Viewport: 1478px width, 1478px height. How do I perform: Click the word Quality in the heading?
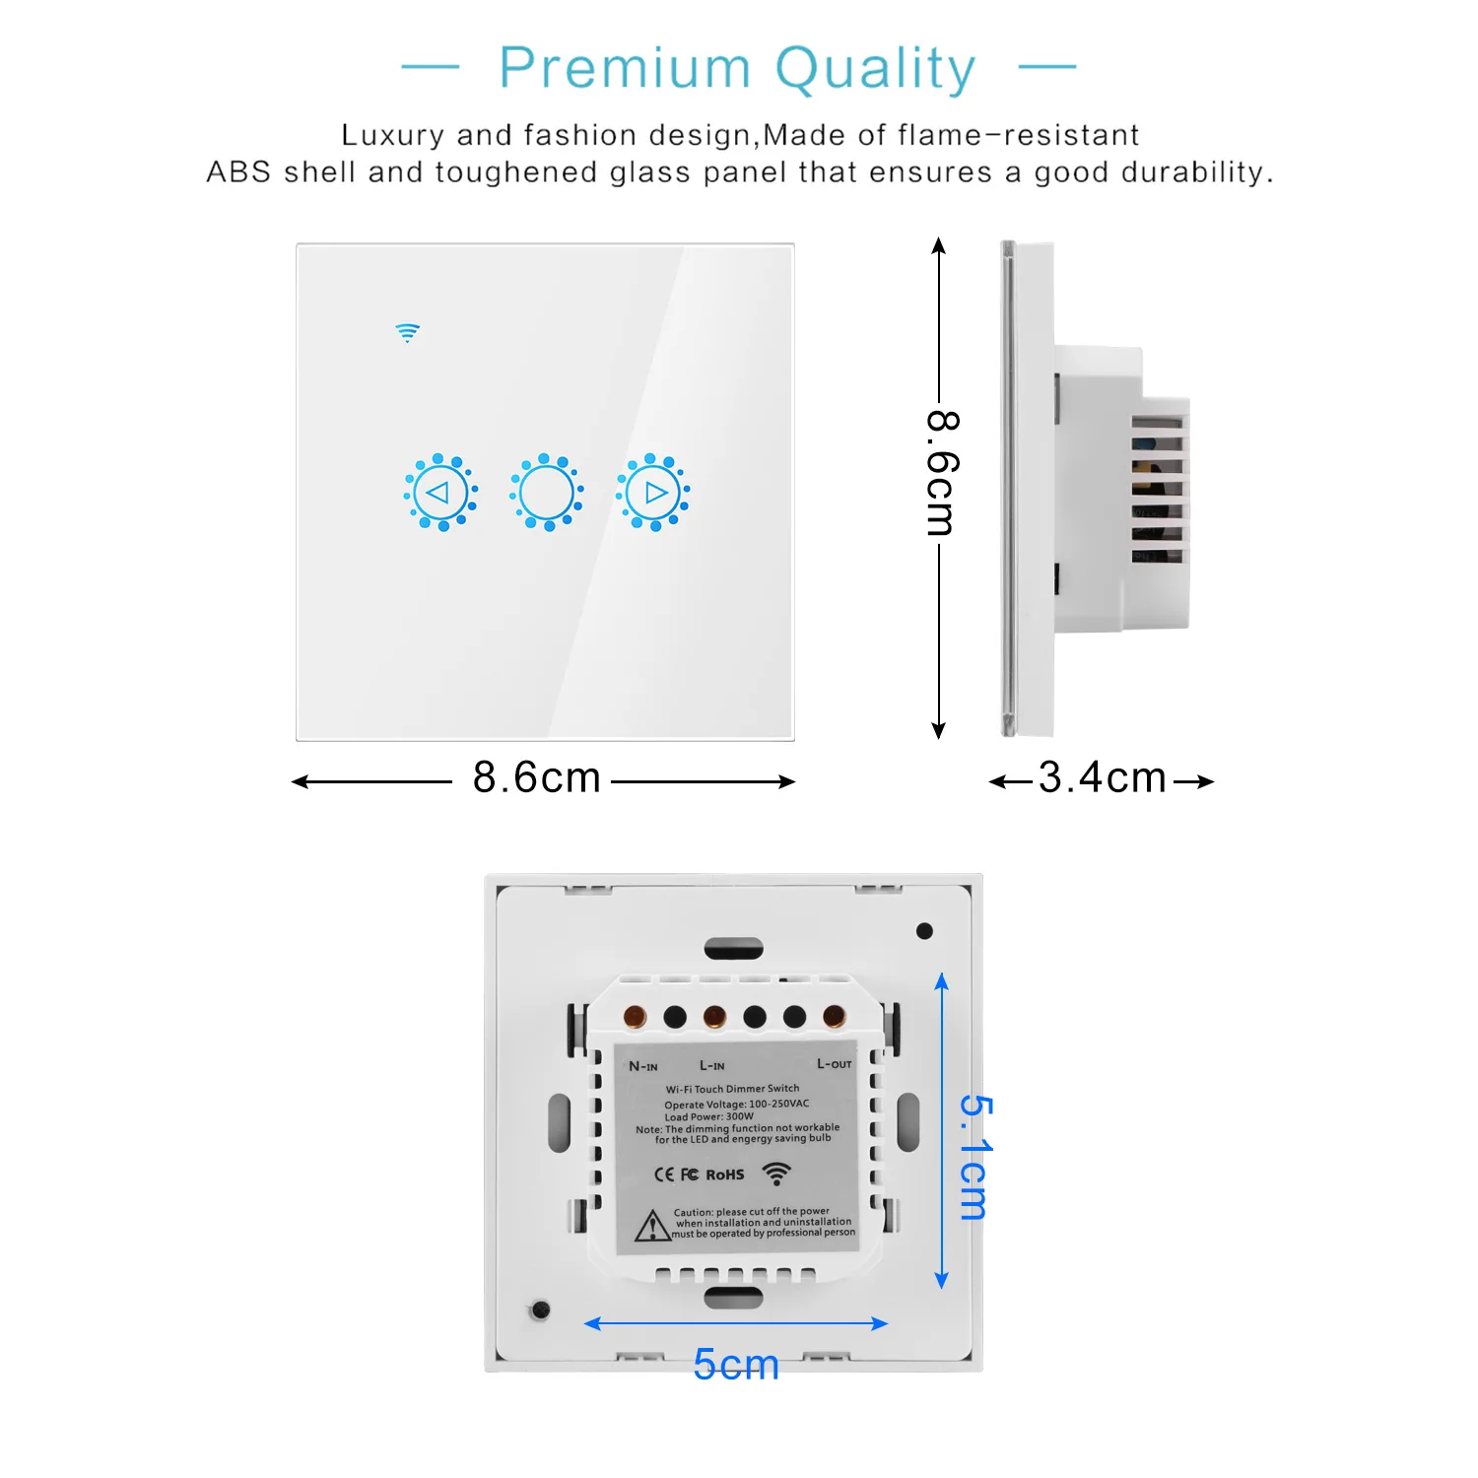pyautogui.click(x=875, y=69)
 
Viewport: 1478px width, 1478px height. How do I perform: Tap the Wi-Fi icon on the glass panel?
pyautogui.click(x=408, y=332)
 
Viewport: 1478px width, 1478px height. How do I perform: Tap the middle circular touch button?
pyautogui.click(x=547, y=493)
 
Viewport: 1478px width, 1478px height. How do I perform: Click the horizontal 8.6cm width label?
pyautogui.click(x=537, y=777)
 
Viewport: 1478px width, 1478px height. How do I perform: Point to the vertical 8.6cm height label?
pyautogui.click(x=942, y=474)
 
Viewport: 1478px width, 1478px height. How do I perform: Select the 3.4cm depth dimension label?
pyautogui.click(x=1102, y=778)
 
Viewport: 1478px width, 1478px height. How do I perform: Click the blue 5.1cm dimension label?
pyautogui.click(x=974, y=1157)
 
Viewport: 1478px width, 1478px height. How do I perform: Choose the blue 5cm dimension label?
pyautogui.click(x=736, y=1365)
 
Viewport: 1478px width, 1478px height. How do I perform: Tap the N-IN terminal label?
pyautogui.click(x=643, y=1066)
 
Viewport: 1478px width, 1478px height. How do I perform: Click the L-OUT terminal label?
pyautogui.click(x=835, y=1063)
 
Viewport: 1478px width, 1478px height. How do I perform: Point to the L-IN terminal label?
pyautogui.click(x=711, y=1065)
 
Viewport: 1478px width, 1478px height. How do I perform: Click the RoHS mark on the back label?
pyautogui.click(x=725, y=1175)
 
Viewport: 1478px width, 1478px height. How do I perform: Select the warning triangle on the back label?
pyautogui.click(x=651, y=1226)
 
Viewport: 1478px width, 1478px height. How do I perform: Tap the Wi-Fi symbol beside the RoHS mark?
pyautogui.click(x=776, y=1173)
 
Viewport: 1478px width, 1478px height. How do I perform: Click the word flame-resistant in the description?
pyautogui.click(x=1019, y=135)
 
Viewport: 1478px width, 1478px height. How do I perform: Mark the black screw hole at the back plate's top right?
pyautogui.click(x=924, y=931)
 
